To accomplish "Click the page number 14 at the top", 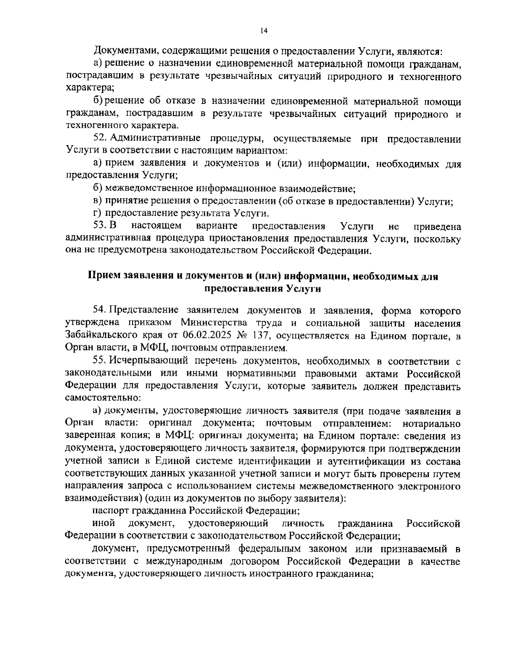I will [x=264, y=30].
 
